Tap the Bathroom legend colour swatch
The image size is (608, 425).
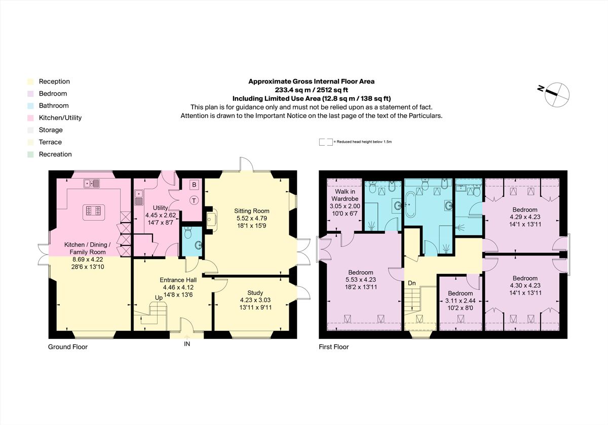coord(31,106)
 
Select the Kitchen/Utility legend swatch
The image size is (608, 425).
coord(31,118)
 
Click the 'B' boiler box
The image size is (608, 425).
coord(194,185)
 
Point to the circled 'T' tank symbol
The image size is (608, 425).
coord(194,200)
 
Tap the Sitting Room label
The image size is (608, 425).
coord(251,211)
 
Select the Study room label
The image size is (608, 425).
coord(255,293)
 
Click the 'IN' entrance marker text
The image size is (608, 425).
coord(187,344)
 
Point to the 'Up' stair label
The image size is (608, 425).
coord(159,298)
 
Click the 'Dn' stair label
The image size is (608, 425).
coord(412,283)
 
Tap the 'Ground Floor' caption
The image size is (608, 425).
coord(68,347)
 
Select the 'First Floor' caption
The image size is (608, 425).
coord(333,347)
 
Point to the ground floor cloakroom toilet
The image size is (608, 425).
coord(188,233)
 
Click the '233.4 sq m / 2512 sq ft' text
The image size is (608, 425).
coord(311,90)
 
